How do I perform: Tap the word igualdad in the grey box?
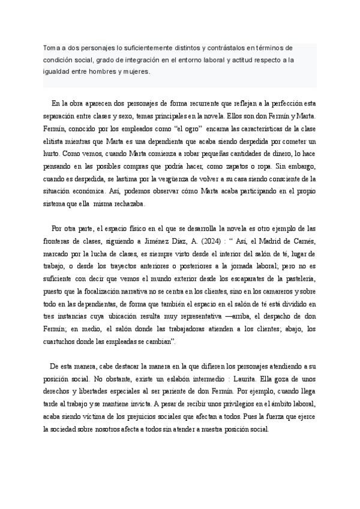click(x=56, y=70)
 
